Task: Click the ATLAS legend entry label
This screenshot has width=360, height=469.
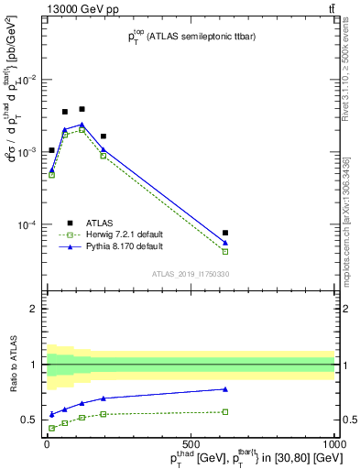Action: pos(100,223)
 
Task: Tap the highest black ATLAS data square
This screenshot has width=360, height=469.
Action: pos(82,109)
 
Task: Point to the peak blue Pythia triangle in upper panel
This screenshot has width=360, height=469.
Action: pos(82,124)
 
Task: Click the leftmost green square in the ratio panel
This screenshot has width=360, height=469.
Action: pos(51,428)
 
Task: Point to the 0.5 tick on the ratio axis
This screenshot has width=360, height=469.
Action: pos(33,420)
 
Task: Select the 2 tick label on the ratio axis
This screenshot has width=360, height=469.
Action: pos(37,309)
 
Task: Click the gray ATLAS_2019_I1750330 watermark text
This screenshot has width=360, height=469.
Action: pos(191,274)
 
